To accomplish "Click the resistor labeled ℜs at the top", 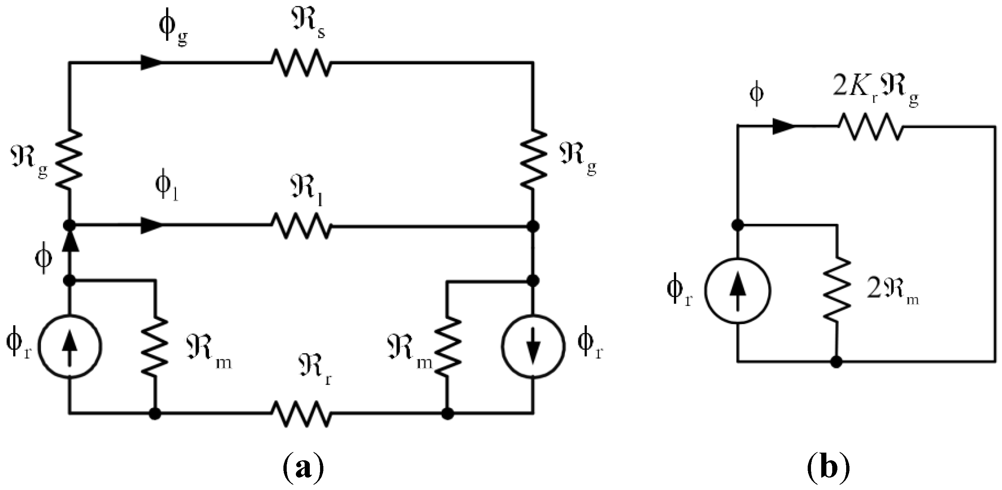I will click(301, 62).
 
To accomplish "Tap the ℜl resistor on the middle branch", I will click(301, 225).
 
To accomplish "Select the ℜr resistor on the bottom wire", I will click(301, 414).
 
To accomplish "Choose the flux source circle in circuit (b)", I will click(738, 291).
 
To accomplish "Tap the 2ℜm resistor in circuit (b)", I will click(836, 288).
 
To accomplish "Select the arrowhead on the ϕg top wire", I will click(151, 62).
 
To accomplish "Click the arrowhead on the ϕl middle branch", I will click(151, 225).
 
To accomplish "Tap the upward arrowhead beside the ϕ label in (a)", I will click(70, 243).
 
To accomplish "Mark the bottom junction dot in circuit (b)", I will click(836, 362).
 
